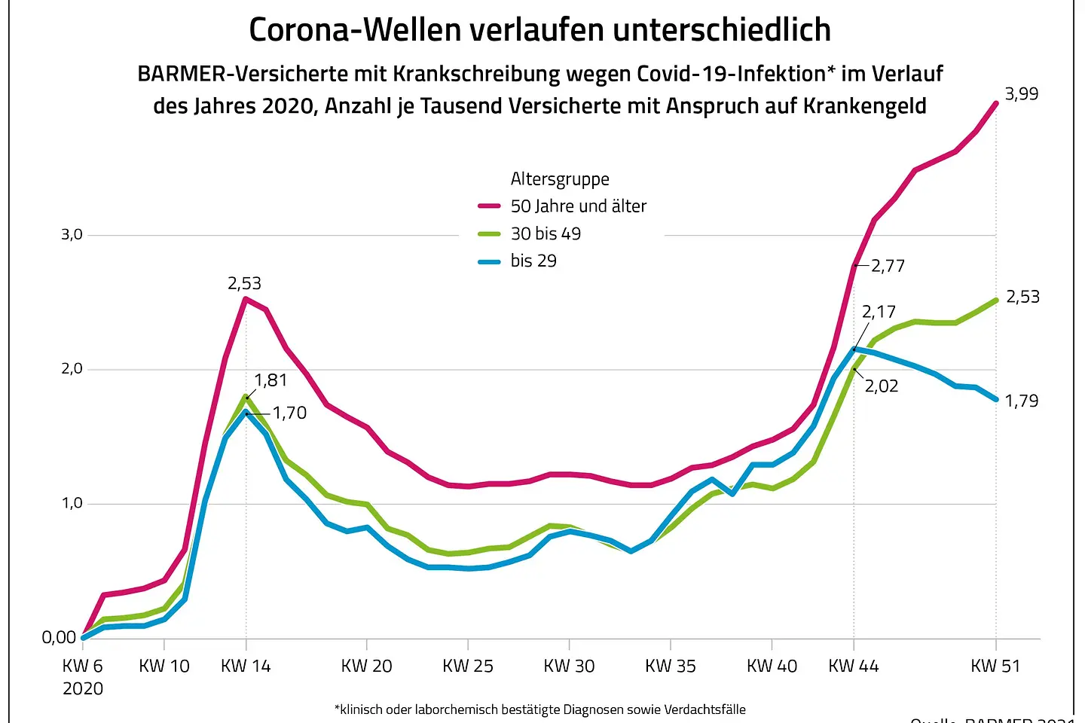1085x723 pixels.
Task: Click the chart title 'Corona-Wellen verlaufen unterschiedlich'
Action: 539,30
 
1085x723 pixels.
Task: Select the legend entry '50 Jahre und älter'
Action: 578,206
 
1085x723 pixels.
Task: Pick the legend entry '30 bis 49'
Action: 546,233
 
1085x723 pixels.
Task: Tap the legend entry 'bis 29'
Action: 533,261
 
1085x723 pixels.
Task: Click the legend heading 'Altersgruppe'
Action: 560,179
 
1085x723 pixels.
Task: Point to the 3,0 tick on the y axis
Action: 72,235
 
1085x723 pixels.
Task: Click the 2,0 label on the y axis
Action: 72,369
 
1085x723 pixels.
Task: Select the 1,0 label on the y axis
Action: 72,503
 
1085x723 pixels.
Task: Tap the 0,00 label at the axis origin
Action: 59,638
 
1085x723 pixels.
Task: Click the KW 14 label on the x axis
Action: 246,666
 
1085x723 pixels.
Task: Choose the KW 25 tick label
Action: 468,666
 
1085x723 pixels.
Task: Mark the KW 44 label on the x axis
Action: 854,666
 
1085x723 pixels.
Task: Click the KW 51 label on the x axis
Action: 995,666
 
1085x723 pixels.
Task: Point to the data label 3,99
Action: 1021,94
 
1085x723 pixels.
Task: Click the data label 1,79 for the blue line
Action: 1021,401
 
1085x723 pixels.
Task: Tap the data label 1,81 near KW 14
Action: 270,380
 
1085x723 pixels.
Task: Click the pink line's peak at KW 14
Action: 246,299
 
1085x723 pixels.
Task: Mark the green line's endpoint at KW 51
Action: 996,300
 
